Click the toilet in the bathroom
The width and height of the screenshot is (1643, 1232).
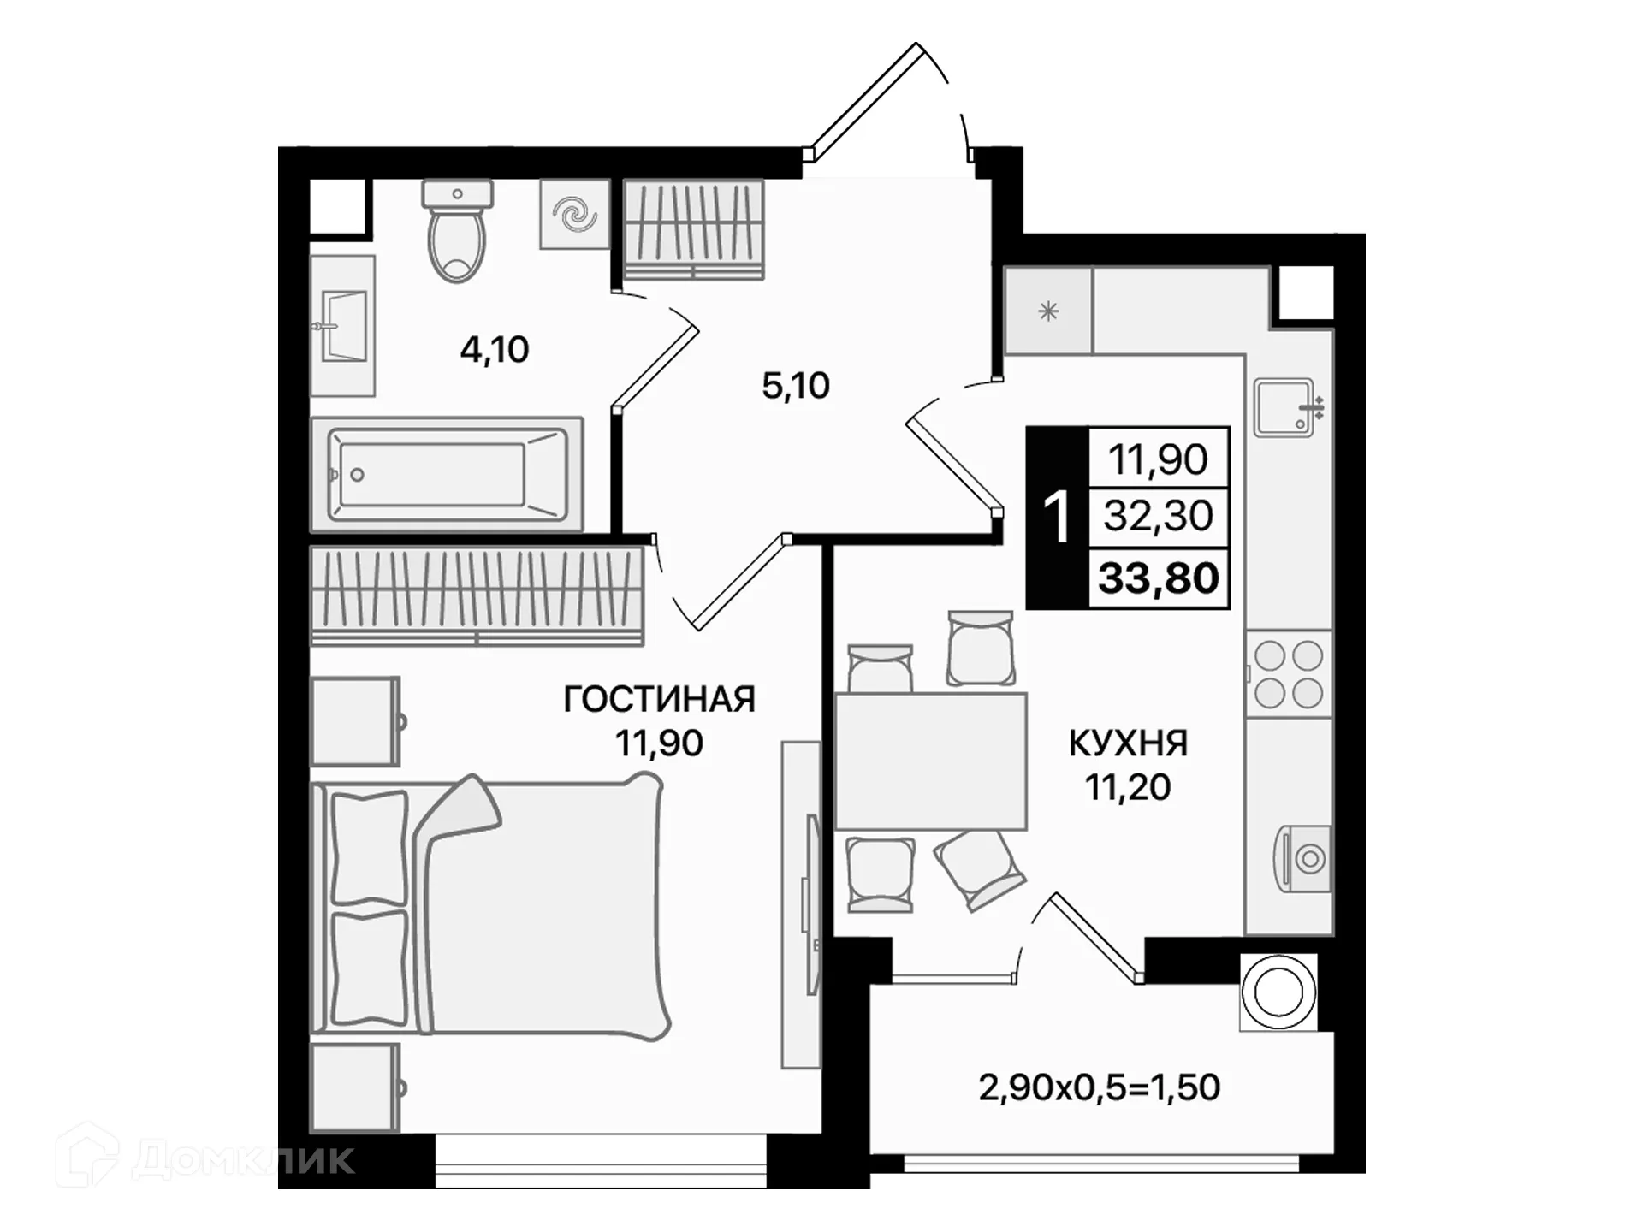(457, 233)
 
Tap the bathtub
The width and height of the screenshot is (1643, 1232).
(446, 474)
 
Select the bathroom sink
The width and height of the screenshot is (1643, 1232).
(344, 326)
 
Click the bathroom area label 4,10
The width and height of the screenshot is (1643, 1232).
(495, 349)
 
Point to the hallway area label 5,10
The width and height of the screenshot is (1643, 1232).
(795, 386)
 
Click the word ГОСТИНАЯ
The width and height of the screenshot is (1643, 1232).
(659, 699)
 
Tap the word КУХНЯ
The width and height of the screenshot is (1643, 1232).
(1128, 743)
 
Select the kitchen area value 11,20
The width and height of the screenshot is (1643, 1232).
(1128, 787)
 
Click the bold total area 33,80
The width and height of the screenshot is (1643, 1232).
(1159, 578)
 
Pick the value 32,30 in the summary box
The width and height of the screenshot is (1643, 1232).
(1159, 516)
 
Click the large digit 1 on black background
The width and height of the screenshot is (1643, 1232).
(1058, 518)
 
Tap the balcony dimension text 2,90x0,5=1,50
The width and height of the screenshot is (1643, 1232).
(1099, 1087)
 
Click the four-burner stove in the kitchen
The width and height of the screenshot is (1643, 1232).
(1289, 674)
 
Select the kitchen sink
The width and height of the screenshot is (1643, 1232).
(1285, 407)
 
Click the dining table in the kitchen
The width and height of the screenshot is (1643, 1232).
(930, 761)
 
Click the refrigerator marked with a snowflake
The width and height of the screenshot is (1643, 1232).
(1048, 311)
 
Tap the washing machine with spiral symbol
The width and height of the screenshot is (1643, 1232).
(574, 214)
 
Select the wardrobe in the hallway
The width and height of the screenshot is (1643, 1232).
(693, 229)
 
